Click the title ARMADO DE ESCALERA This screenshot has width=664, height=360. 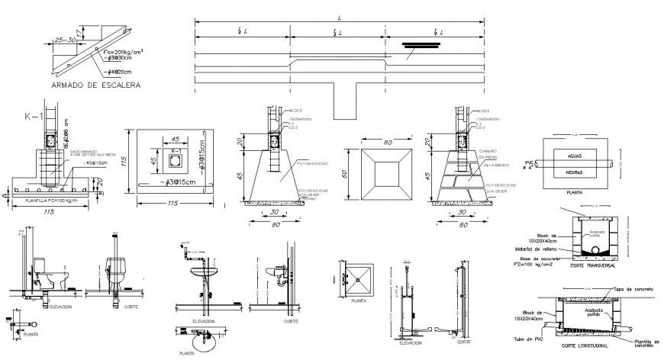[x=95, y=86]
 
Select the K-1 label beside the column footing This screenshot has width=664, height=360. [x=33, y=117]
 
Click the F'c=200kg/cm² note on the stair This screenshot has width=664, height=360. [x=124, y=48]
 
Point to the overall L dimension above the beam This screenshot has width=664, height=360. [x=337, y=17]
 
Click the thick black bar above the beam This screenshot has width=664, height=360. [x=421, y=44]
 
